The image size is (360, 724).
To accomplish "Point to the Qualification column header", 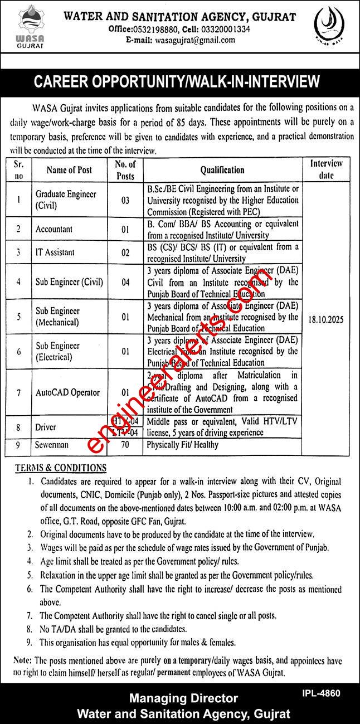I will (222, 170).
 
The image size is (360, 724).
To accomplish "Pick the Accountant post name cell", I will (54, 229).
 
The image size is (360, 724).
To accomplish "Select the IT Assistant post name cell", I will (55, 252).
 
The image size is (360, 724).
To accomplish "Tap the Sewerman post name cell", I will (53, 445).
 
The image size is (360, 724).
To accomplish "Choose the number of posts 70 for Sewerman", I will (125, 445).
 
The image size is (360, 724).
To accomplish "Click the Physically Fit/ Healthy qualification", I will (182, 445).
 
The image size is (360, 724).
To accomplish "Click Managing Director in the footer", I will (184, 698).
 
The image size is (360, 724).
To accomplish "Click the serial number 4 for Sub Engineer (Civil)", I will (19, 281).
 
